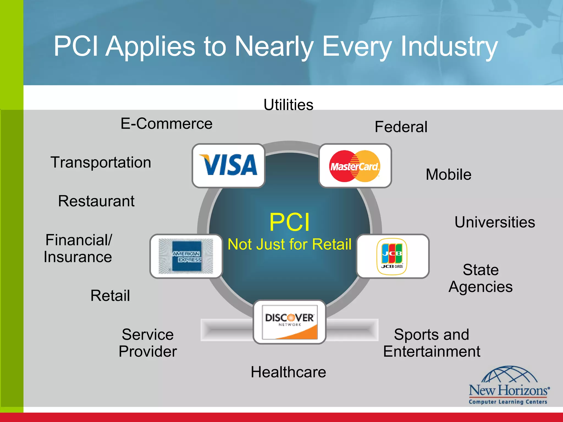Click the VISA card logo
(x=228, y=165)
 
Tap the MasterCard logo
(x=355, y=166)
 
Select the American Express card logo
(x=186, y=256)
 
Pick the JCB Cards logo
(x=392, y=256)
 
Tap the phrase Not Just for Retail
(x=289, y=244)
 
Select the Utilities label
(x=288, y=105)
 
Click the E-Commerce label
(x=167, y=123)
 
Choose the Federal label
(x=401, y=127)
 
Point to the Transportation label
(x=101, y=162)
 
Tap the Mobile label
(x=448, y=174)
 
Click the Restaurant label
(x=96, y=201)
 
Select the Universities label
(x=495, y=222)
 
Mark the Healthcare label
(x=288, y=372)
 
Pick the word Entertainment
(x=432, y=351)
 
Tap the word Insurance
(x=78, y=257)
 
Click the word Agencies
(x=481, y=287)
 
